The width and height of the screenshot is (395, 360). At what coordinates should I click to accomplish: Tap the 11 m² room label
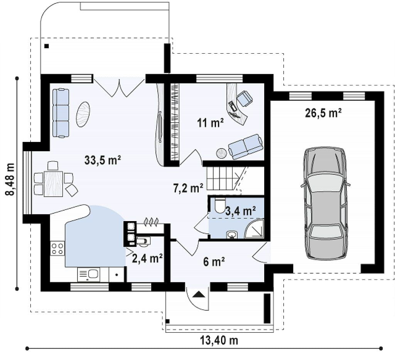point(211,123)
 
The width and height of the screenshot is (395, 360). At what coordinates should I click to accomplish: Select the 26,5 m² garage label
point(323,113)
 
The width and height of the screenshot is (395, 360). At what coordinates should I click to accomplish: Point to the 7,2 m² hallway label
point(188,188)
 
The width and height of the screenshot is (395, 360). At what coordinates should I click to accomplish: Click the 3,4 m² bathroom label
point(241,211)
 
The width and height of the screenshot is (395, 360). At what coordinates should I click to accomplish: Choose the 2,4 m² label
point(147,258)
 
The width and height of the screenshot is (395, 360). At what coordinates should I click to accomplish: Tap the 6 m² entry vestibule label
point(214,262)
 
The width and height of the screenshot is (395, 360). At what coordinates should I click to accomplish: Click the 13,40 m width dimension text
point(219,340)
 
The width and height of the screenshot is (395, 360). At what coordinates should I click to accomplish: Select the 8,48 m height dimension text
point(10,179)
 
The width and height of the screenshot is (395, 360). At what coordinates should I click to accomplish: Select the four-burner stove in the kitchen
point(57,248)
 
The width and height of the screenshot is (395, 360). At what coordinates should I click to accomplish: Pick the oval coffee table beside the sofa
point(83,114)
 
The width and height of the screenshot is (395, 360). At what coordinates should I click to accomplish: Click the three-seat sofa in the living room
point(61,113)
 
